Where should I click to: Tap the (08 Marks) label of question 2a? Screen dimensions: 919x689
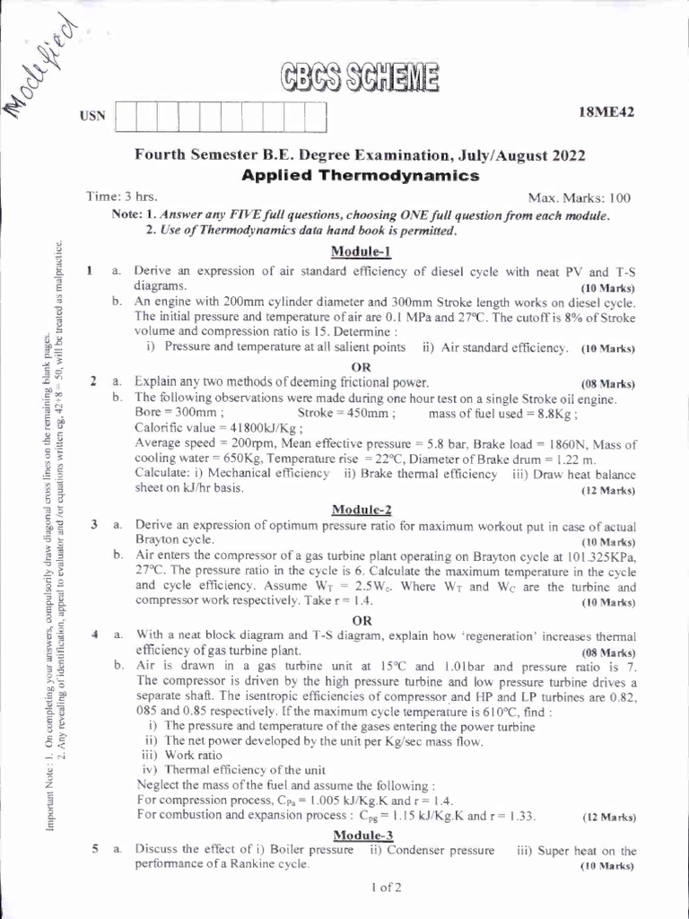(x=608, y=381)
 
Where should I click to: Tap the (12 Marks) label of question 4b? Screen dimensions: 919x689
(x=608, y=818)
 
